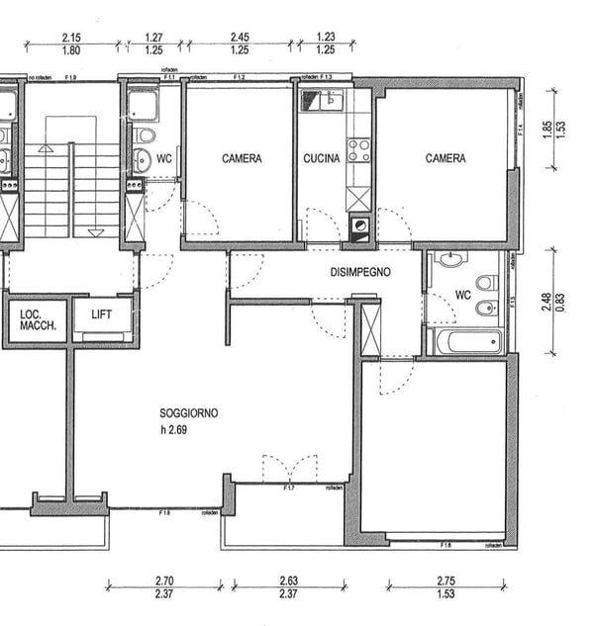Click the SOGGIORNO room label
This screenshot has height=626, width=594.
[x=188, y=413]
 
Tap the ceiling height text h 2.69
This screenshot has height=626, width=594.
[x=176, y=430]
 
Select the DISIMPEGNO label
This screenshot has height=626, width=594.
[x=360, y=272]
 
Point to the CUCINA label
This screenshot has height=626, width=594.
[x=322, y=158]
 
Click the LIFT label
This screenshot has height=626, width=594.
[x=102, y=314]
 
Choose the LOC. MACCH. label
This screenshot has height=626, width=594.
[x=38, y=319]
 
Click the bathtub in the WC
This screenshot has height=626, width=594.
[x=468, y=342]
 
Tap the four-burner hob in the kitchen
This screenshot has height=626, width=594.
[x=358, y=150]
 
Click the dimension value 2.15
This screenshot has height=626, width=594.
[x=70, y=38]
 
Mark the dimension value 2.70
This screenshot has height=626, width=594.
[x=165, y=581]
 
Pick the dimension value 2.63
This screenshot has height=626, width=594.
[x=289, y=581]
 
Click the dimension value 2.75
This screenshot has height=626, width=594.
[x=446, y=581]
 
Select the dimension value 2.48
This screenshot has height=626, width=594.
[x=546, y=302]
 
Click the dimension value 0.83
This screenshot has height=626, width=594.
[x=560, y=302]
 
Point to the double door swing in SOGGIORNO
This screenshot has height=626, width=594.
[x=290, y=468]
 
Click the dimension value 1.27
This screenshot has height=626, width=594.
[x=153, y=38]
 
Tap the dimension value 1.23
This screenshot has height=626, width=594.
[x=325, y=38]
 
